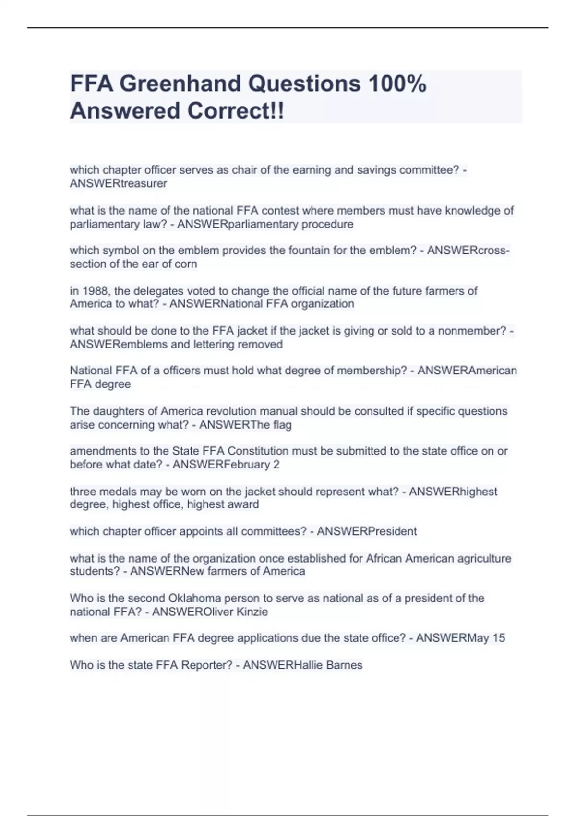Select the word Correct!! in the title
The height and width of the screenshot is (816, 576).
pos(235,111)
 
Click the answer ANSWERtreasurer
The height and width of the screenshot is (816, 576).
pos(118,183)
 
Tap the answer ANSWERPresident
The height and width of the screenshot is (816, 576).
pos(367,531)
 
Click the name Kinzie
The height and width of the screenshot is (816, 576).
pos(252,612)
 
